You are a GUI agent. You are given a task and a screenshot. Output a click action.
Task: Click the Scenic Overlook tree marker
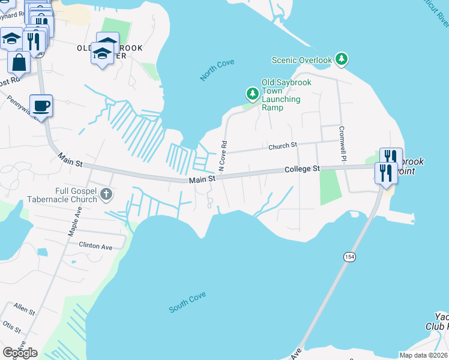[342, 59]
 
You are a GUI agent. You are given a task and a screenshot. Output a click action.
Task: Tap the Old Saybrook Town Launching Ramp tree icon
[252, 94]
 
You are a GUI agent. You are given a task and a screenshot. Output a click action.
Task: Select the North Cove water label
[217, 71]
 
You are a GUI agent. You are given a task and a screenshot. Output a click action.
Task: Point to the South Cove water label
[187, 302]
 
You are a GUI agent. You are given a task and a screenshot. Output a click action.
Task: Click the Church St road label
[283, 146]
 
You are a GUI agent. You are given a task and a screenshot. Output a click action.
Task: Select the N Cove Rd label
[222, 156]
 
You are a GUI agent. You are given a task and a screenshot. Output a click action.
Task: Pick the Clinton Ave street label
[96, 246]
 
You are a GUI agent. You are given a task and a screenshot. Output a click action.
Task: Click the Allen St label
[25, 310]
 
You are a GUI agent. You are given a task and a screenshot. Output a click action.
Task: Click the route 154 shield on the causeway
[349, 256]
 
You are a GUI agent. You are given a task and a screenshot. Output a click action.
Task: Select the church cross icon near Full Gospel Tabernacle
[106, 193]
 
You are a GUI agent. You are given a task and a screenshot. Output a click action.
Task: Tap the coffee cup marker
[41, 106]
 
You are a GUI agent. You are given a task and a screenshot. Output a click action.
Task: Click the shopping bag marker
[19, 62]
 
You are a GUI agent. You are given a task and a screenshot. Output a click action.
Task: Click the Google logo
[20, 352]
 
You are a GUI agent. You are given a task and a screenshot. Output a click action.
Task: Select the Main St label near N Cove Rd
[202, 179]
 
